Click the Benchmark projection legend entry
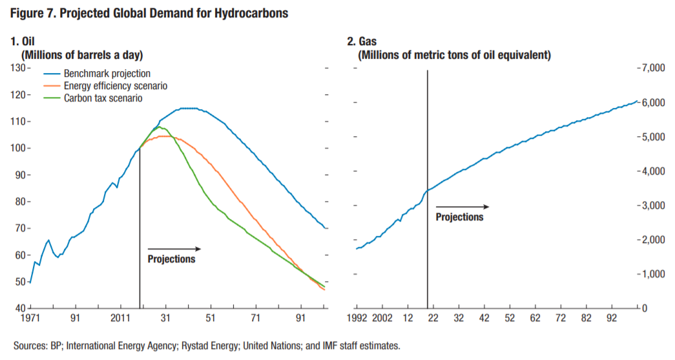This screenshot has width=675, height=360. point(107,74)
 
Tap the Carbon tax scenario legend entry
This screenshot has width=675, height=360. point(103,98)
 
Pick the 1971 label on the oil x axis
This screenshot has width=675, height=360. point(30,318)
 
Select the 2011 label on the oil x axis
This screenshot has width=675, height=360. point(121,318)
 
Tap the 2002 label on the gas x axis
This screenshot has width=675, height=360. point(382,318)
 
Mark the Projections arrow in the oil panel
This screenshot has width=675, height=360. point(174,248)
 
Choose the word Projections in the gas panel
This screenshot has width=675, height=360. point(459,217)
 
